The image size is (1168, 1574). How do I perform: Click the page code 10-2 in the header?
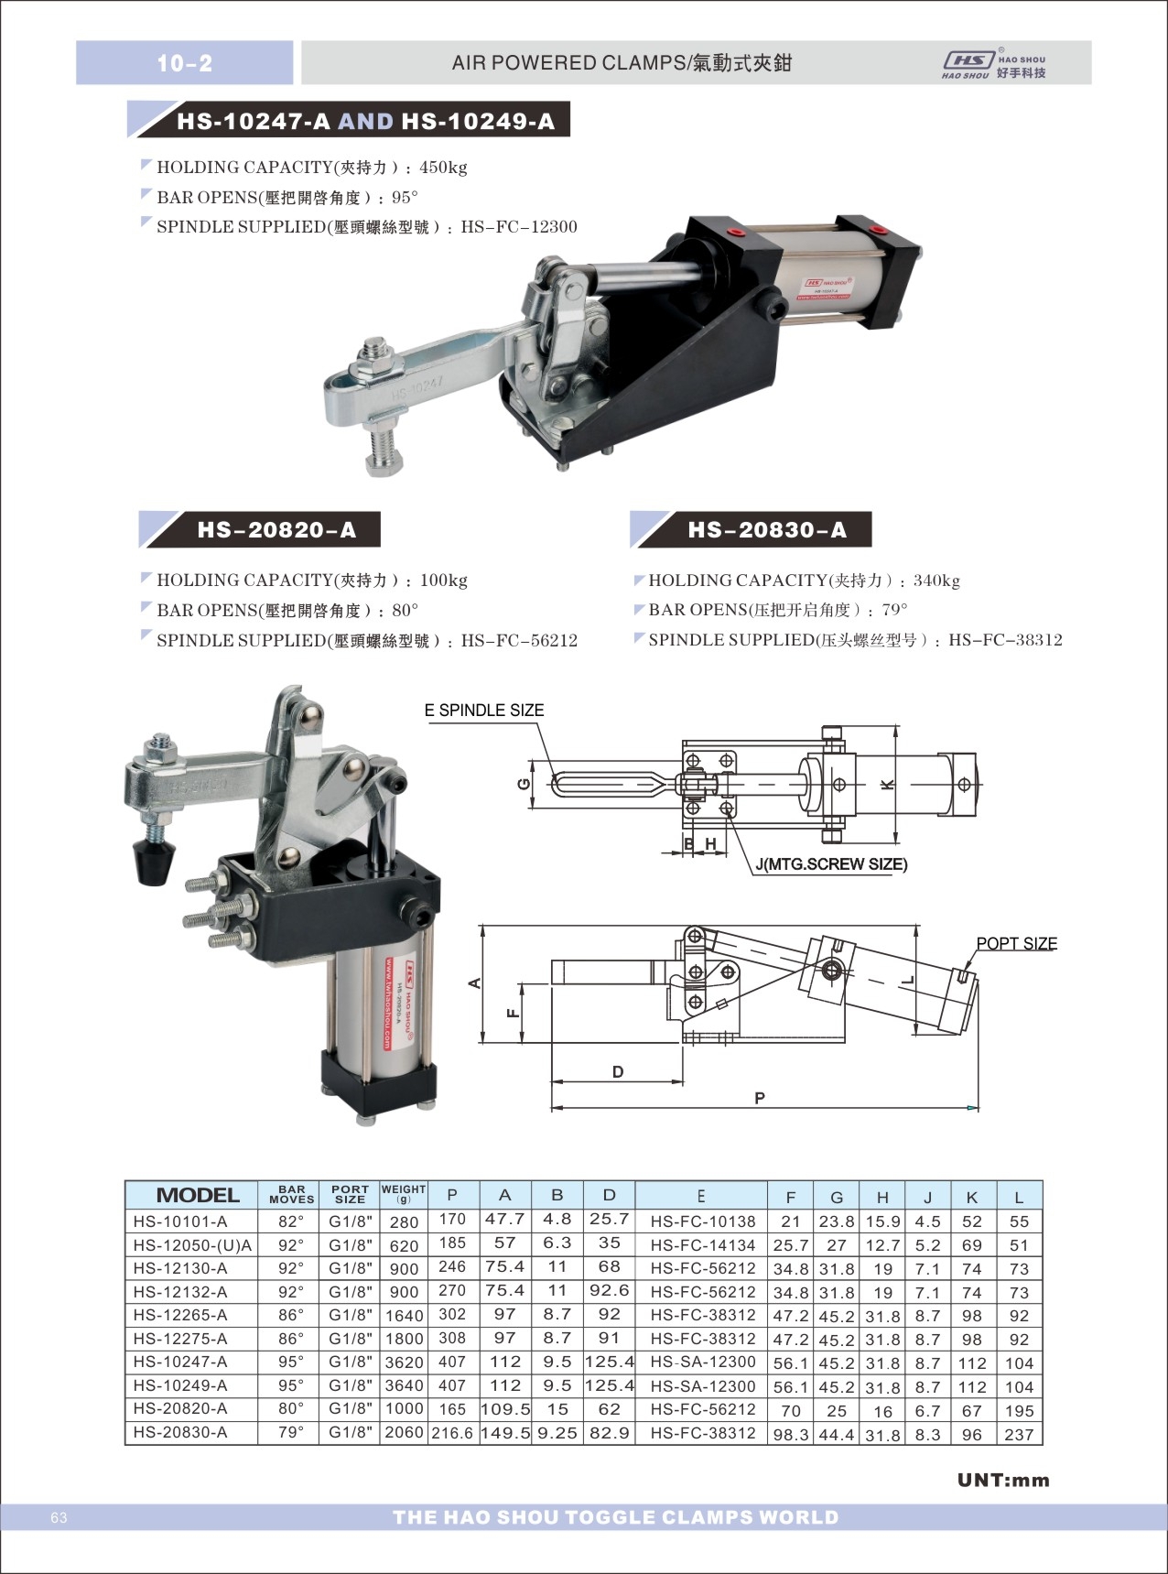coord(184,63)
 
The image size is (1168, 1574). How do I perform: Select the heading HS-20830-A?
coord(767,530)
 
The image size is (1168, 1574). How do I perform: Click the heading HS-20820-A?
coord(276,530)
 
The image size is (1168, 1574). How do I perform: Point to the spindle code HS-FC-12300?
coord(519,227)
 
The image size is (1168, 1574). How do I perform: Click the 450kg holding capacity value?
coord(443,168)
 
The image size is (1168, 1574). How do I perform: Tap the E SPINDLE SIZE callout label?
coord(484,711)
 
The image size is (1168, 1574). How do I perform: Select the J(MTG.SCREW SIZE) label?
coord(831,864)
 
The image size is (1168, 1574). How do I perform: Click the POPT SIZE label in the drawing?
coord(1016,943)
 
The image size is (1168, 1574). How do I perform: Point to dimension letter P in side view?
coord(760,1098)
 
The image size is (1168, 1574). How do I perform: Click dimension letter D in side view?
coord(618,1072)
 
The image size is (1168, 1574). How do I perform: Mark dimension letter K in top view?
coord(887,785)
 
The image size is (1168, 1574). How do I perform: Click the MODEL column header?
coord(198,1195)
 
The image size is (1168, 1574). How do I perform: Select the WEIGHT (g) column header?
coord(404,1194)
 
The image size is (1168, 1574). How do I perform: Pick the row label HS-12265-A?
coord(180,1315)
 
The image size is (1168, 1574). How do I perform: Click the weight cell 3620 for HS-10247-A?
coord(404,1362)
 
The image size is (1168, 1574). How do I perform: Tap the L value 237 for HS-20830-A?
coord(1018,1434)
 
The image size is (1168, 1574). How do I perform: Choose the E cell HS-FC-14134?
coord(702,1245)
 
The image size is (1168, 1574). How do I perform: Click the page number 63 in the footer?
coord(59,1518)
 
